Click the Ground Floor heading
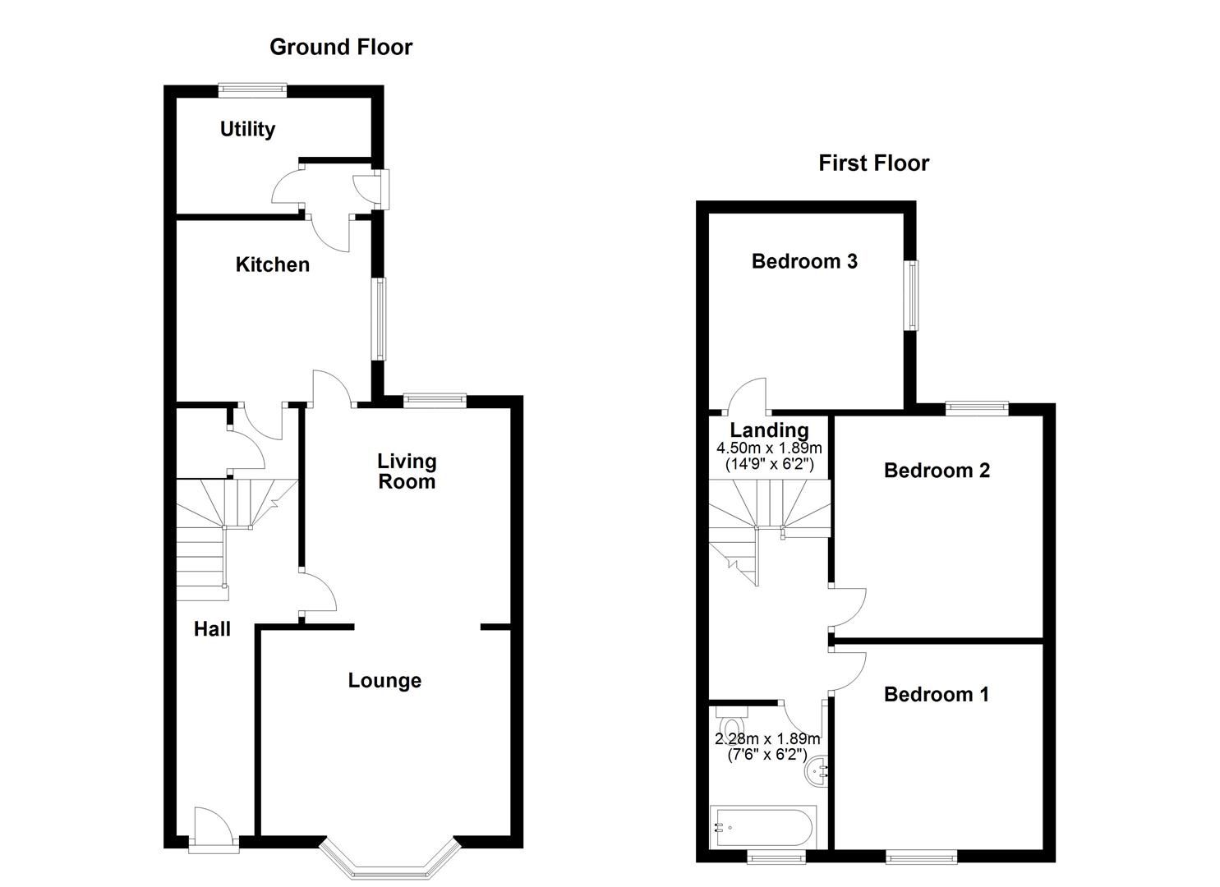click(340, 48)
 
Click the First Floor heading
click(873, 163)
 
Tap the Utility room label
click(247, 129)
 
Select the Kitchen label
click(273, 264)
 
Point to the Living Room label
click(407, 471)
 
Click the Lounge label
click(384, 680)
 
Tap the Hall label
click(212, 629)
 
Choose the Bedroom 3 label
click(804, 261)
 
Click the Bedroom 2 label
click(937, 470)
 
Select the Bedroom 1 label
click(936, 694)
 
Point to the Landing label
click(769, 430)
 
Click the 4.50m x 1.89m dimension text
click(769, 448)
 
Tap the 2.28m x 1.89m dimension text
click(767, 739)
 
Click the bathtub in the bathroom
click(763, 827)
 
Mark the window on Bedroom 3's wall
click(912, 296)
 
